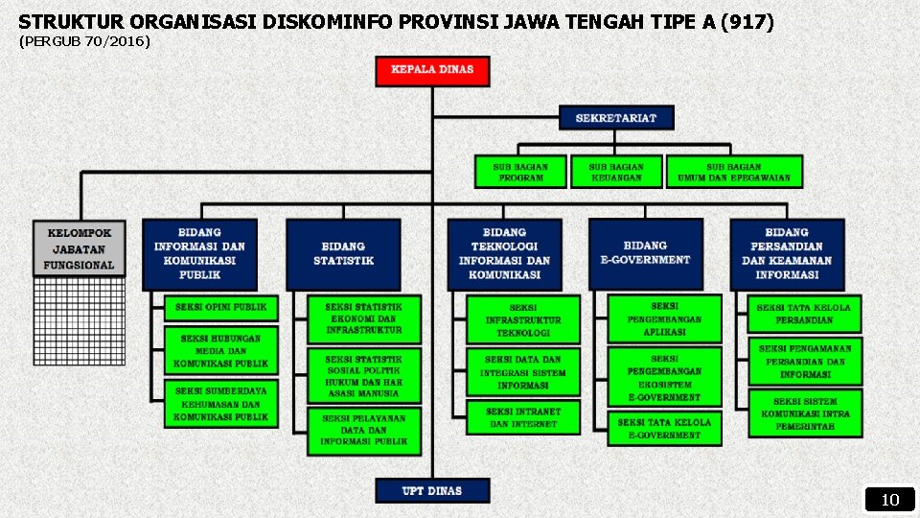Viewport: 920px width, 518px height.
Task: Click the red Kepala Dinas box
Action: pyautogui.click(x=432, y=70)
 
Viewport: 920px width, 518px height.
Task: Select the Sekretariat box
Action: pyautogui.click(x=616, y=118)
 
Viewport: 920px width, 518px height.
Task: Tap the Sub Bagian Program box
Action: pyautogui.click(x=520, y=172)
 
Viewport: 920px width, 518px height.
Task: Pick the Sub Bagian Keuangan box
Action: pyautogui.click(x=616, y=172)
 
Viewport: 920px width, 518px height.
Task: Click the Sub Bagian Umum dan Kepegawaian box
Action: pyautogui.click(x=734, y=172)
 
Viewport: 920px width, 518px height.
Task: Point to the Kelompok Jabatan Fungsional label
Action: pyautogui.click(x=80, y=248)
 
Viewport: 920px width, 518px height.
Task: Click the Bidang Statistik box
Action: pyautogui.click(x=343, y=254)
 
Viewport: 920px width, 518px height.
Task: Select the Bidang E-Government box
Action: pyautogui.click(x=645, y=253)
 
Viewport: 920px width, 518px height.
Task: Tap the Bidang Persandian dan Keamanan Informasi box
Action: pyautogui.click(x=787, y=254)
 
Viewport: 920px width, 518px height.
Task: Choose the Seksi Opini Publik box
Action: pyautogui.click(x=221, y=308)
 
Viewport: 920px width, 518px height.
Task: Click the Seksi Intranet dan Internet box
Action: pyautogui.click(x=523, y=417)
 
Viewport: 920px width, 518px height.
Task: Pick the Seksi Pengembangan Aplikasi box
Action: pyautogui.click(x=664, y=318)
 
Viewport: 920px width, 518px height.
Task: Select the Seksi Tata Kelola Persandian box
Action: pyautogui.click(x=804, y=314)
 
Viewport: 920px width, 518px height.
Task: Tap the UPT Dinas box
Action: pyautogui.click(x=432, y=490)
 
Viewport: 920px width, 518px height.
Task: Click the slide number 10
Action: pyautogui.click(x=890, y=500)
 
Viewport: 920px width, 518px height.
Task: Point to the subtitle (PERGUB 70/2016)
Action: pyautogui.click(x=84, y=42)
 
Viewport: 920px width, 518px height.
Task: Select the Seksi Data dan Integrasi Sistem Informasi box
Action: pyautogui.click(x=523, y=372)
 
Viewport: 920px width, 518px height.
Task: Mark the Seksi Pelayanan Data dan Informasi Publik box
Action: pyautogui.click(x=364, y=431)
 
